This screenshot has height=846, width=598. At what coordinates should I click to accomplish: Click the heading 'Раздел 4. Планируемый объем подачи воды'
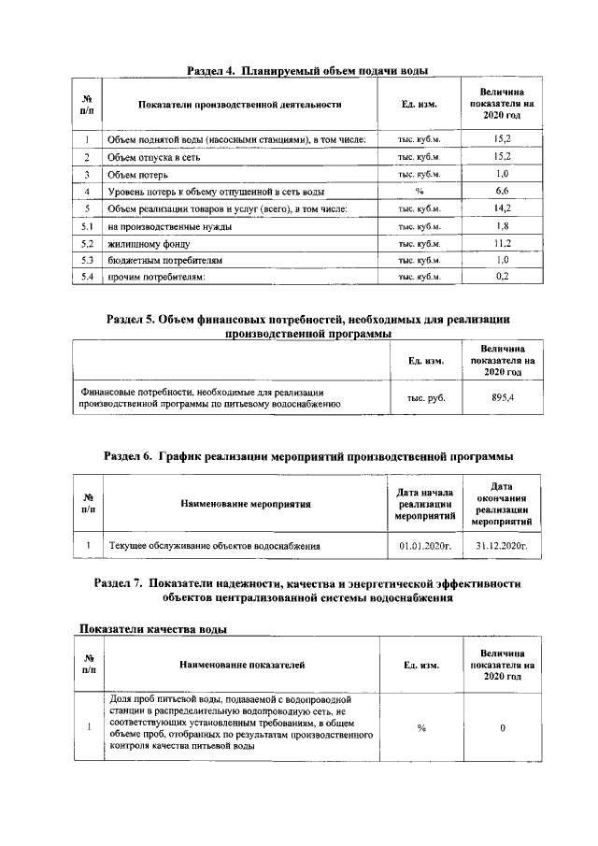click(x=307, y=70)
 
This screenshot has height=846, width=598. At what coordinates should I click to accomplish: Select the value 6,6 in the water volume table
click(x=501, y=191)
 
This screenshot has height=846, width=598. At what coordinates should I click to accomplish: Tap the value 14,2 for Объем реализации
click(x=501, y=208)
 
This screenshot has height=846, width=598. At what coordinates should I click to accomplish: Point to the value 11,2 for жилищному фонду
click(x=501, y=242)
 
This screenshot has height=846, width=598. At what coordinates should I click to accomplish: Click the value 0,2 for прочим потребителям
click(x=501, y=276)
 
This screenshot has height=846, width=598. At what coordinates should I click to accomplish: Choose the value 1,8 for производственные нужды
click(x=501, y=225)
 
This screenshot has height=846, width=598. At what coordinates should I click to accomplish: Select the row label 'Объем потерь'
click(x=136, y=174)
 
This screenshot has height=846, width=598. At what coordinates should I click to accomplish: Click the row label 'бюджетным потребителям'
click(x=164, y=259)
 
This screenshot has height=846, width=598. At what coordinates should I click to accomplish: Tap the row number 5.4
click(x=86, y=276)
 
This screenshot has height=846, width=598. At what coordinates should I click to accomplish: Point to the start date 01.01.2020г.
click(x=424, y=544)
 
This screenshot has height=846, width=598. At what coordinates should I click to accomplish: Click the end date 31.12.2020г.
click(x=503, y=544)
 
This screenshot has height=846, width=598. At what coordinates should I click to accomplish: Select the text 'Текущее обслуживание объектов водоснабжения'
click(x=215, y=544)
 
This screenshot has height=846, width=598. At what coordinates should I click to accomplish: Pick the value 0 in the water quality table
click(x=503, y=728)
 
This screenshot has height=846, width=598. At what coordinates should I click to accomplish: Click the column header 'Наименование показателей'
click(x=242, y=665)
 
